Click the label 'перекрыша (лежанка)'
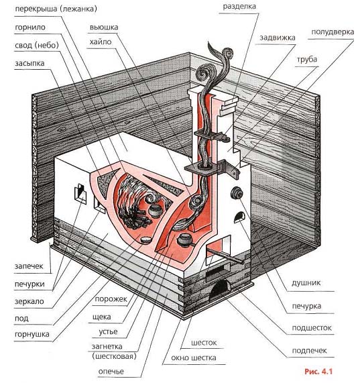(x=56, y=9)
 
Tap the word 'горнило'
(x=30, y=27)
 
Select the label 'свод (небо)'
(x=37, y=46)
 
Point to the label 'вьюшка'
(x=104, y=27)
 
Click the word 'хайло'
(x=101, y=42)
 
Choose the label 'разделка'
(x=239, y=7)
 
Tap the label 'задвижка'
(x=278, y=38)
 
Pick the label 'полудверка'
(x=333, y=32)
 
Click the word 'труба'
(x=307, y=60)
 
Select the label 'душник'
(x=306, y=283)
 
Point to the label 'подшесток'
(x=312, y=328)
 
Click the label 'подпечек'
(x=310, y=351)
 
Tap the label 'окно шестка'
(x=194, y=358)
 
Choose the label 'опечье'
(x=111, y=372)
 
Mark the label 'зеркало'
(x=29, y=301)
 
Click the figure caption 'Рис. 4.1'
(x=318, y=372)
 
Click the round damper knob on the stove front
(x=237, y=193)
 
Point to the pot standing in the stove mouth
(x=185, y=240)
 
